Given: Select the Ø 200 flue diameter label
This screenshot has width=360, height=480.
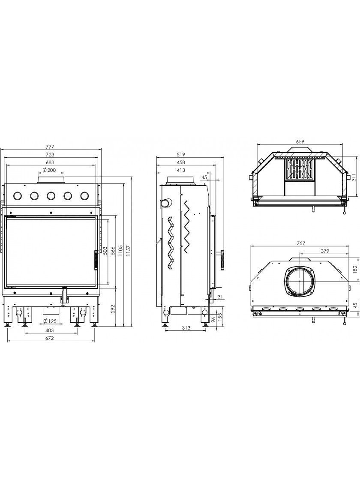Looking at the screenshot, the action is [x=49, y=170].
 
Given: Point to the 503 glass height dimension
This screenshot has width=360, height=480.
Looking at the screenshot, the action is [x=105, y=249].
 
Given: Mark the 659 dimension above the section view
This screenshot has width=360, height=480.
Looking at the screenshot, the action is [x=300, y=142].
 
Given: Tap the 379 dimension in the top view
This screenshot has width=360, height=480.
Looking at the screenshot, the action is [x=325, y=251].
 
